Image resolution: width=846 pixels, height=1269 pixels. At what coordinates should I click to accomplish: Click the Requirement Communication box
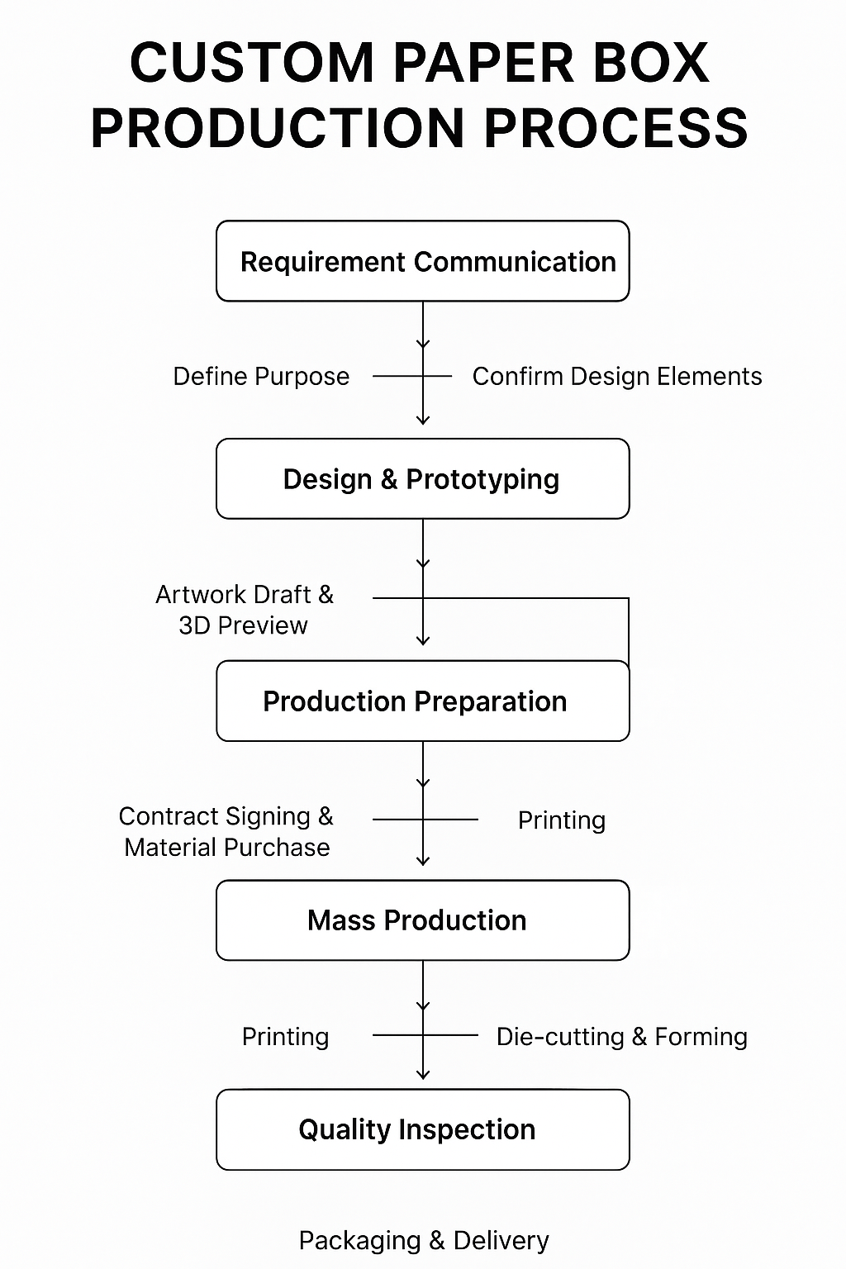[x=422, y=261]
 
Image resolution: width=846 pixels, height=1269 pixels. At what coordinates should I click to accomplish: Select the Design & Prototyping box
[x=422, y=479]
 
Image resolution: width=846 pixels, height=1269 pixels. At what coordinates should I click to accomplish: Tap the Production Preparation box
[x=422, y=701]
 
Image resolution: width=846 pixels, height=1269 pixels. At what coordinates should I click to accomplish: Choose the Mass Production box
[x=422, y=920]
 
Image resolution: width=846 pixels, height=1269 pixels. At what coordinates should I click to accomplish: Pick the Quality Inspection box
[x=422, y=1129]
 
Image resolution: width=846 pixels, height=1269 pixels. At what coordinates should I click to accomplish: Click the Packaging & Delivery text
[x=423, y=1240]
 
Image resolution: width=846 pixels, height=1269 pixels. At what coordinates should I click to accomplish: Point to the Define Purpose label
[x=261, y=377]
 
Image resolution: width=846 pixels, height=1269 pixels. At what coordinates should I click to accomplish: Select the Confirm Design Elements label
[x=616, y=377]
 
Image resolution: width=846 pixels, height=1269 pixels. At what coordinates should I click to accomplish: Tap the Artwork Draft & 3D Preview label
[x=244, y=610]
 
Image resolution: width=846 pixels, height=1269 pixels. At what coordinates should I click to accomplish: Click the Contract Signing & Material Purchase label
[x=226, y=831]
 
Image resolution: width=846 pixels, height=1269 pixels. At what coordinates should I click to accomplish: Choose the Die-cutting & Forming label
[x=621, y=1037]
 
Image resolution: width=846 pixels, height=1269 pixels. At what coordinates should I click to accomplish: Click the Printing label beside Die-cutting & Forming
[x=285, y=1037]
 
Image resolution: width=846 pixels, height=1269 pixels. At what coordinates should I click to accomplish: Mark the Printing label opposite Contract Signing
[x=561, y=820]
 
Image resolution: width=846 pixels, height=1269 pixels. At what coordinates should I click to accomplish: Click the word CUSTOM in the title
[x=252, y=63]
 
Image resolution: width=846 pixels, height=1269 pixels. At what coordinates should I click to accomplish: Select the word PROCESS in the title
[x=615, y=129]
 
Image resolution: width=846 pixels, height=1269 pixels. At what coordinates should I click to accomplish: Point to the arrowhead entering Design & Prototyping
[x=423, y=420]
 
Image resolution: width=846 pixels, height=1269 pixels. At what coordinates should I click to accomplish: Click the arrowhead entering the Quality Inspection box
[x=423, y=1074]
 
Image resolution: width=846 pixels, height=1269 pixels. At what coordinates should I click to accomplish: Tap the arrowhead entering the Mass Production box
[x=423, y=861]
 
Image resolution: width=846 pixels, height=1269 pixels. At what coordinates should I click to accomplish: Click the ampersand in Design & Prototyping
[x=388, y=480]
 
